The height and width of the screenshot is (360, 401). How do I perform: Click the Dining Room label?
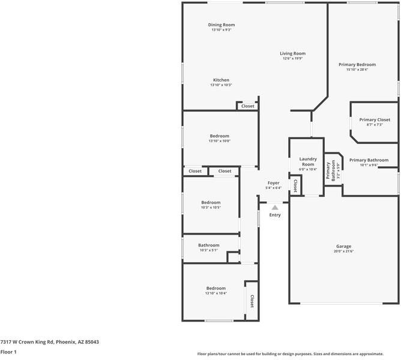[221, 25]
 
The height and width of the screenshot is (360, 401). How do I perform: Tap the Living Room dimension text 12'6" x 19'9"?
[292, 59]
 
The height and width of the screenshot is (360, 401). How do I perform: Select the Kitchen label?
[221, 80]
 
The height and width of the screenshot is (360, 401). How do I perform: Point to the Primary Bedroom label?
[357, 64]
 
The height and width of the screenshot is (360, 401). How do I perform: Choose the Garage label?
[343, 246]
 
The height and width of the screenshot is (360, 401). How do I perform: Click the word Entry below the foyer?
[275, 215]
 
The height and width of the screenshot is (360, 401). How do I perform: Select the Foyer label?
[273, 182]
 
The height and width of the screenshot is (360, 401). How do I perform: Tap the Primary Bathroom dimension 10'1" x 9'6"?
[369, 166]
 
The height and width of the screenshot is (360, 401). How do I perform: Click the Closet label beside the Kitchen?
[247, 106]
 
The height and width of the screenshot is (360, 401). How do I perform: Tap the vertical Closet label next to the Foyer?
[295, 187]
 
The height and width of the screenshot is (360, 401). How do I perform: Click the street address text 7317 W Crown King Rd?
[49, 341]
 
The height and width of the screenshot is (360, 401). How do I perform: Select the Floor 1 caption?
[8, 352]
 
